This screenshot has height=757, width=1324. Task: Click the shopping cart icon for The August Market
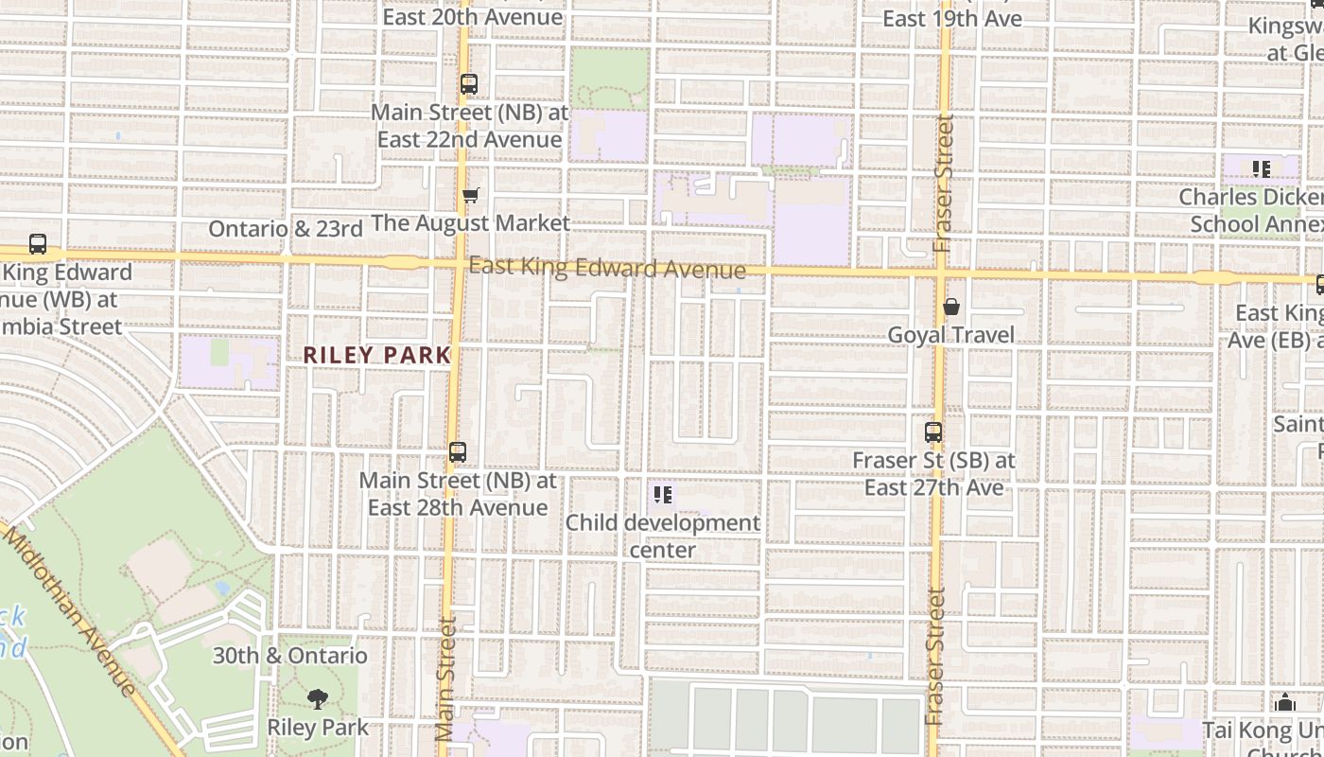[x=470, y=196]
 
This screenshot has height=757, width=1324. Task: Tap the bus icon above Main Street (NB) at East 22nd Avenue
[x=469, y=84]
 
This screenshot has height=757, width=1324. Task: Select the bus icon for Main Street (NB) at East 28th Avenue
[x=458, y=452]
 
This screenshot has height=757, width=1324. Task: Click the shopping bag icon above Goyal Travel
[x=951, y=307]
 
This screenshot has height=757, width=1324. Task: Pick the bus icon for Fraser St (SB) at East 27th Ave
[x=933, y=432]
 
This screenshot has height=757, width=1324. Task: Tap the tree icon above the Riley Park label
[x=318, y=699]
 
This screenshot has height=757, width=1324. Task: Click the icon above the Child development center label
[x=663, y=495]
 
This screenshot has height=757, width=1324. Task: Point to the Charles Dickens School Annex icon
[x=1261, y=169]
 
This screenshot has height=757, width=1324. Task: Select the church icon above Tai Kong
[x=1284, y=703]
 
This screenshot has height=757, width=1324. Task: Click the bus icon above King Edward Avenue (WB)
[x=38, y=244]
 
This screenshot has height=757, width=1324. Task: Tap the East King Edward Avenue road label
[x=607, y=269]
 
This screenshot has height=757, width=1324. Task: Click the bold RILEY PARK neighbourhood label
[x=376, y=356]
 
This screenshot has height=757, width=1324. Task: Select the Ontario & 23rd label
[x=286, y=229]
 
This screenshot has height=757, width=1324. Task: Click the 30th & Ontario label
[x=289, y=656]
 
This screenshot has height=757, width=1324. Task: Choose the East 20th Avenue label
[x=473, y=17]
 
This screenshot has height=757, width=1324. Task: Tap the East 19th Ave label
[x=952, y=18]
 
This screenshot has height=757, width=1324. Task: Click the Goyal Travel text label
[x=951, y=335]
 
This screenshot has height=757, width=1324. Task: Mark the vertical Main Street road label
[x=446, y=678]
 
